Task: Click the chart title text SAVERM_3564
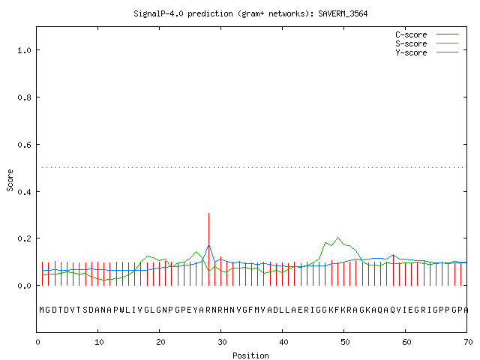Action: coord(343,13)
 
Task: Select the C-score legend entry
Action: coord(427,34)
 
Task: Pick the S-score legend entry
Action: coord(427,43)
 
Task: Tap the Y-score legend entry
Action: coord(427,52)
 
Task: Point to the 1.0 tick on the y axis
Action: coord(24,50)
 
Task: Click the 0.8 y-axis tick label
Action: coord(24,97)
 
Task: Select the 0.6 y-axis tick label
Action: coord(24,145)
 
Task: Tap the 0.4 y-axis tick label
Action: coord(24,192)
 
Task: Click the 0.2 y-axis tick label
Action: coord(24,238)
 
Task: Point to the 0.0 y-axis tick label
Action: coord(24,286)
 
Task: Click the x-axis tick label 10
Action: coord(98,342)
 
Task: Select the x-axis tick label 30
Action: coord(222,342)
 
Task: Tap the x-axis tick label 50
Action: coord(345,342)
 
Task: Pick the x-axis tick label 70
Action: coord(468,342)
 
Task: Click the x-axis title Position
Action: coord(250,355)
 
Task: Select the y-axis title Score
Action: coord(10,181)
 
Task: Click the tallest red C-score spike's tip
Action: coord(208,213)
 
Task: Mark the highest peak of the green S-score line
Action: coord(338,237)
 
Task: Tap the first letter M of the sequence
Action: coord(42,310)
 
